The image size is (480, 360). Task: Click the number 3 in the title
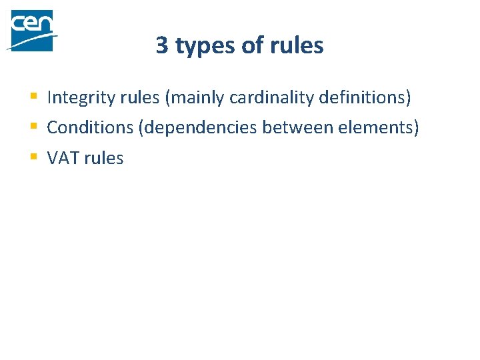(x=162, y=45)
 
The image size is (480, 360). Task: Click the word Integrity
(x=75, y=98)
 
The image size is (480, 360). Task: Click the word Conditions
(x=90, y=127)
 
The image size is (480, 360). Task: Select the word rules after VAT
(x=103, y=158)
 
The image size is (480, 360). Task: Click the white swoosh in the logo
(x=30, y=41)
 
